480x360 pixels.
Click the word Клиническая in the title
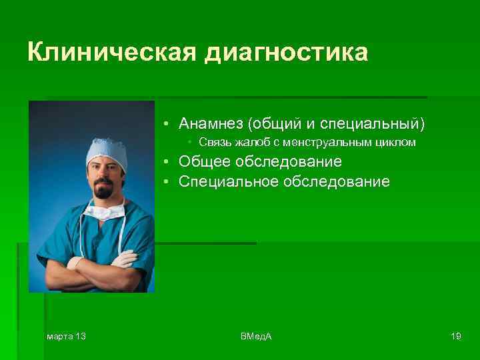point(110,52)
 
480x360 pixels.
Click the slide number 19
point(456,336)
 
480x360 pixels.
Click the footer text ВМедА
point(256,336)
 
